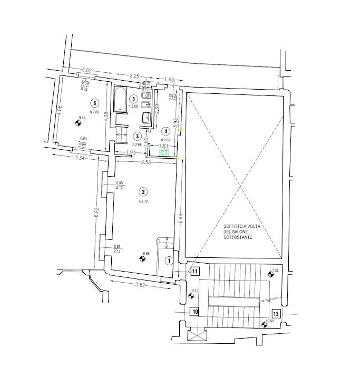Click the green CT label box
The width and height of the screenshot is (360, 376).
pos(164,152)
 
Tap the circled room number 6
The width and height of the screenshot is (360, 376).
pos(95,103)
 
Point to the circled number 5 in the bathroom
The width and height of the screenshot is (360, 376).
pos(134,99)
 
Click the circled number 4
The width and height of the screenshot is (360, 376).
pos(166,131)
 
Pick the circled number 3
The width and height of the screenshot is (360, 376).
pos(137,136)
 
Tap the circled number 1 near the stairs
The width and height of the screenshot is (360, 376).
pos(169,260)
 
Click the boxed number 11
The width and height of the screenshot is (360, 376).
pos(194,272)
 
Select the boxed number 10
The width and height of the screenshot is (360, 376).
pos(194,312)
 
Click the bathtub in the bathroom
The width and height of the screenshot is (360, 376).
pos(120,98)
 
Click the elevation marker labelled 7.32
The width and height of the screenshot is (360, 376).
pos(271,274)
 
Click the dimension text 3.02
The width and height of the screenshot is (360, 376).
pos(86,70)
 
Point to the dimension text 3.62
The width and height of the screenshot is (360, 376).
pos(140,285)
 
